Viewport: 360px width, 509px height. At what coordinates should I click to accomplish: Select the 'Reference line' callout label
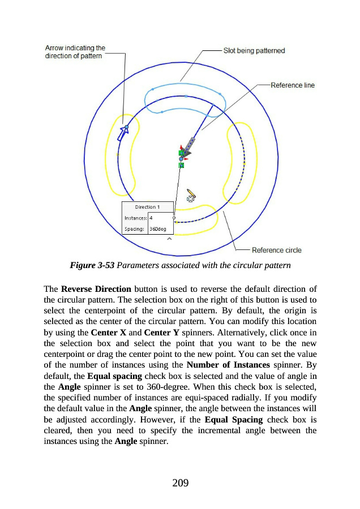coord(293,85)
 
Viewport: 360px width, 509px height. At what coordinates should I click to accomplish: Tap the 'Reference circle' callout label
coord(277,250)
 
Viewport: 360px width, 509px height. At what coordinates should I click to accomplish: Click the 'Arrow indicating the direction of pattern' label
coord(75,52)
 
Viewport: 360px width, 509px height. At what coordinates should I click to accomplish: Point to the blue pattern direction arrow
coord(123,132)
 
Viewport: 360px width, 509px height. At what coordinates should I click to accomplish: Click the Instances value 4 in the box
coord(151,218)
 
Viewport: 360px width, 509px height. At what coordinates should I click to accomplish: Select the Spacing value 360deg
coord(158,229)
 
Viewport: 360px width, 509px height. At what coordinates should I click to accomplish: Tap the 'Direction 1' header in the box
coord(147,207)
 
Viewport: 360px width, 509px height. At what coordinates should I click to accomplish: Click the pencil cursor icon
coord(191,196)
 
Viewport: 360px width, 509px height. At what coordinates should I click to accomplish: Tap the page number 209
coord(179,482)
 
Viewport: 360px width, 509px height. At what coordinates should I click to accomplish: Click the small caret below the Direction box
coord(168,239)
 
